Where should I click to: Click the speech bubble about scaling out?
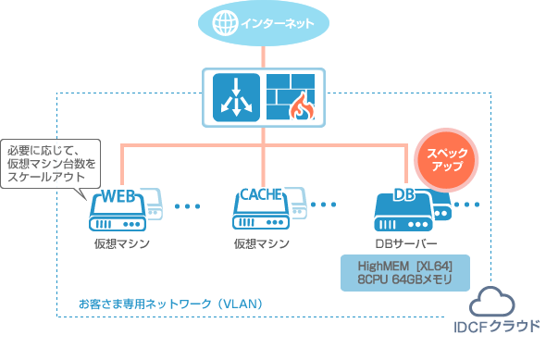51,163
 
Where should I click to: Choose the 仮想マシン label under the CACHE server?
261,243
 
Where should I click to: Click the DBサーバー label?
405,243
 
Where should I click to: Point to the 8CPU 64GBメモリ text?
405,279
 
